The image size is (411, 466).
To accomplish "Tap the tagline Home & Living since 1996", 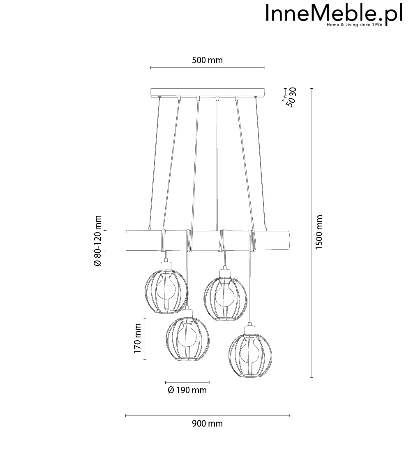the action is tap(354, 25).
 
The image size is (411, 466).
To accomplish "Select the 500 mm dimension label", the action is tap(207, 60).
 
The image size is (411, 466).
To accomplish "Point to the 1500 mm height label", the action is tap(319, 233).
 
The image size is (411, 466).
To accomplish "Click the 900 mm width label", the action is tap(207, 424).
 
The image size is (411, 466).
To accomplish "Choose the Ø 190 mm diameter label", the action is tap(187, 390).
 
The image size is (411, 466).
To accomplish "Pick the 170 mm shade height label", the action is tap(137, 339).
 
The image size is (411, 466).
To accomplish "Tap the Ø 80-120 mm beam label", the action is tap(97, 241).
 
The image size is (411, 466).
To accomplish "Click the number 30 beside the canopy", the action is tap(293, 92).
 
